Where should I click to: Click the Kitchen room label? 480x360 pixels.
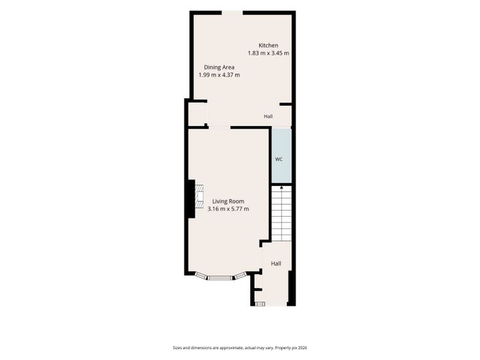coord(268,45)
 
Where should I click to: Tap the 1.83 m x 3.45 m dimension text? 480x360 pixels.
coord(268,53)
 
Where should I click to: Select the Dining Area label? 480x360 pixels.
coord(219,67)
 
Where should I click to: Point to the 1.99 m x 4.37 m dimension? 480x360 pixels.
coord(219,75)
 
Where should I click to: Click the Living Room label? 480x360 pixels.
coord(228,201)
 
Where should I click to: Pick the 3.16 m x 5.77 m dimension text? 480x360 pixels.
coord(228,209)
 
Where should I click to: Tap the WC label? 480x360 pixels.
coord(278,159)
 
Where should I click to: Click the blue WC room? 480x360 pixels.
coord(281,156)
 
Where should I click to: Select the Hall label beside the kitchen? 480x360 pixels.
coord(268,117)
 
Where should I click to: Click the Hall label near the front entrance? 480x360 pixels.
coord(276,263)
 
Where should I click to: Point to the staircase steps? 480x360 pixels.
coord(281,213)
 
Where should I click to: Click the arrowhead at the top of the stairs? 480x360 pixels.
coord(281,187)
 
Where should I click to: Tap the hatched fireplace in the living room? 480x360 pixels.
coord(200,196)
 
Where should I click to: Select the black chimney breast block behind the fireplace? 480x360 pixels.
coord(191,199)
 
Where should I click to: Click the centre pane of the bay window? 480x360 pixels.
coord(220,278)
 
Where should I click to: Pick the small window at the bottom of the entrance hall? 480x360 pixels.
coord(260,304)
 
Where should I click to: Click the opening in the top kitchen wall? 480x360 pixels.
coord(232,13)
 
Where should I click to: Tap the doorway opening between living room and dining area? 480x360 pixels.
coord(219,128)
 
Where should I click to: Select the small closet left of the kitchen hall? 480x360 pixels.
coord(197,115)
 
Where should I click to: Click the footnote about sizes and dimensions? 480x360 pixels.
coord(240,348)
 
